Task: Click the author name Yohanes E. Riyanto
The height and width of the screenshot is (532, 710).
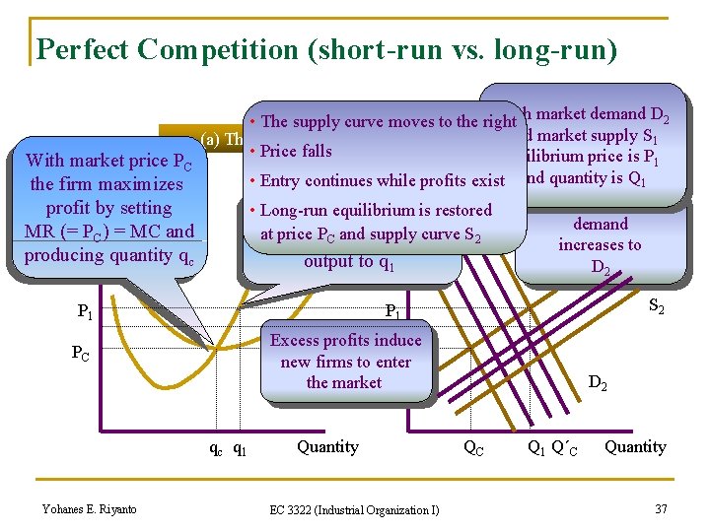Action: (89, 508)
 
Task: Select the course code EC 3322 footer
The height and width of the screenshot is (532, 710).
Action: (355, 509)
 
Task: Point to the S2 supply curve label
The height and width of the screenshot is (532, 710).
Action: (655, 307)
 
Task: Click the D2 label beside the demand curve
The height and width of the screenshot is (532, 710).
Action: (598, 381)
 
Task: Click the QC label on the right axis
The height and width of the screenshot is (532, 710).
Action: (473, 448)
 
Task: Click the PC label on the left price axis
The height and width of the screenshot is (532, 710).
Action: (81, 353)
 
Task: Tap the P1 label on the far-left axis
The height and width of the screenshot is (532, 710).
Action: (86, 312)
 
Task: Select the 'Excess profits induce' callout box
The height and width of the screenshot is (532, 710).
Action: (345, 362)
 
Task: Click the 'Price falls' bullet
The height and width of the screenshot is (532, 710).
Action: (296, 151)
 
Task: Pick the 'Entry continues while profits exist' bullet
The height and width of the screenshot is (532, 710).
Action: (381, 180)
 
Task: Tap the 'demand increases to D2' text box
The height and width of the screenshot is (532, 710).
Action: (600, 245)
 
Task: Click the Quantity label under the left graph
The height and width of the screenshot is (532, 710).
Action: (327, 447)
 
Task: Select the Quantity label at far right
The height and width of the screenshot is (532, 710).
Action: (635, 447)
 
